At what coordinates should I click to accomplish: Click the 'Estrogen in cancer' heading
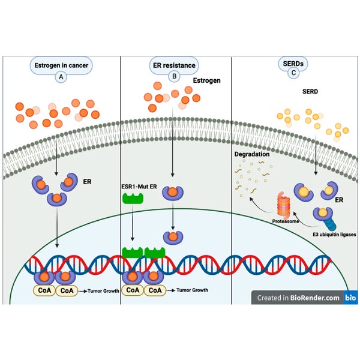click(x=61, y=65)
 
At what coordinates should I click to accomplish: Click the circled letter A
click(x=61, y=77)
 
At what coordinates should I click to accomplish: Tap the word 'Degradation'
click(x=253, y=154)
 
